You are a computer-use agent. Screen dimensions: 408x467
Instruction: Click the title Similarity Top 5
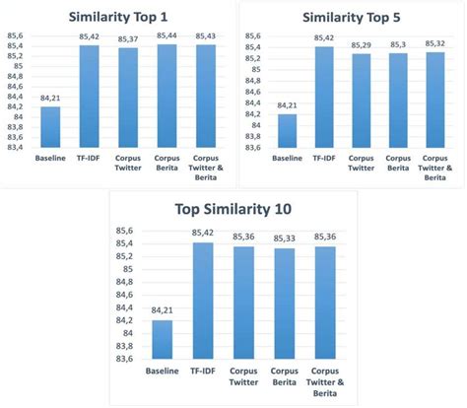pyautogui.click(x=352, y=16)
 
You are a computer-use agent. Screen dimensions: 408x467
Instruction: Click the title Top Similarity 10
pyautogui.click(x=233, y=209)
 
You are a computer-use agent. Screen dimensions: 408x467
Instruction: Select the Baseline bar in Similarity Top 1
pyautogui.click(x=49, y=128)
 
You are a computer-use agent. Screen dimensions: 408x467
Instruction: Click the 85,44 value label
pyautogui.click(x=166, y=36)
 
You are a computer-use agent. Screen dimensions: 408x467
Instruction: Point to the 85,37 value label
pyautogui.click(x=128, y=39)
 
